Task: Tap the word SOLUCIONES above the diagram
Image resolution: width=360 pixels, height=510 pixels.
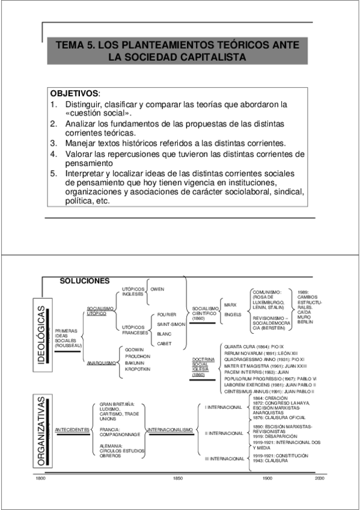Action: tap(84, 281)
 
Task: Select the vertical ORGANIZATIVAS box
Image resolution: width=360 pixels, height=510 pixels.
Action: tap(40, 429)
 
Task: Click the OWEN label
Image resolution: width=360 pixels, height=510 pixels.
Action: tap(157, 289)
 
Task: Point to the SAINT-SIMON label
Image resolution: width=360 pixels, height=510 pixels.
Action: tap(171, 324)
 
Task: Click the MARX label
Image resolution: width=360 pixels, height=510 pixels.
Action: tap(230, 304)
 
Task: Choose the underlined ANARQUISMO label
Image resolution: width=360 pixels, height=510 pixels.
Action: tap(101, 363)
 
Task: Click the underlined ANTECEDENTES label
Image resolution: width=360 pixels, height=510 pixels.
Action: tap(72, 430)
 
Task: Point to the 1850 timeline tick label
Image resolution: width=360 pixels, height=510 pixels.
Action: tap(178, 478)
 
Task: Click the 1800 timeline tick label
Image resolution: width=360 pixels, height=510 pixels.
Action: tap(40, 478)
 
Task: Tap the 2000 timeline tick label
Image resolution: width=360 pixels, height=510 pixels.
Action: tap(319, 478)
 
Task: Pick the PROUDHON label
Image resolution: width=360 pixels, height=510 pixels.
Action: tap(138, 355)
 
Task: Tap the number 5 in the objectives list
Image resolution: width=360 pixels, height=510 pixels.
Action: tap(53, 174)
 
